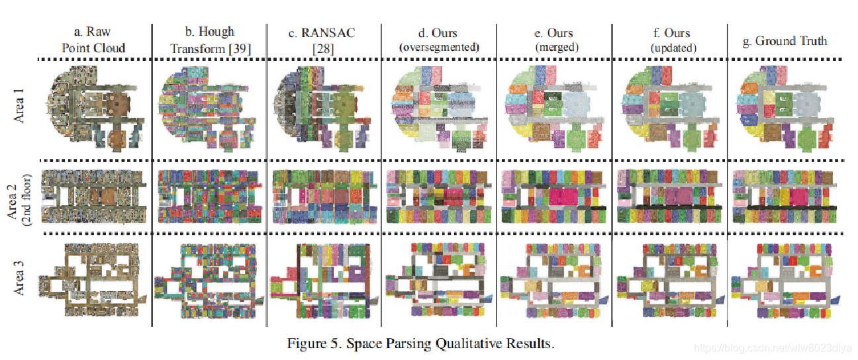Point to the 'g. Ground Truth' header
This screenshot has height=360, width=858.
(x=785, y=41)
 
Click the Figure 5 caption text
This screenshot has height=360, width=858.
(x=420, y=344)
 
